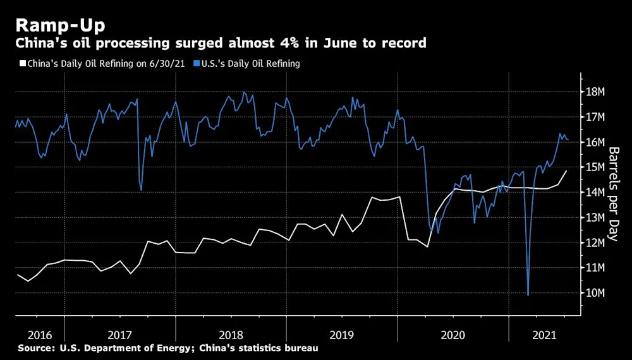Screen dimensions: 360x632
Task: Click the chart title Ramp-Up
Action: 60,25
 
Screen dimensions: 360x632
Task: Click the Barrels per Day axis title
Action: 613,193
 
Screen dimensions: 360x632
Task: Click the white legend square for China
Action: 21,64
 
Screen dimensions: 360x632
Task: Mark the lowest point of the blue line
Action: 528,294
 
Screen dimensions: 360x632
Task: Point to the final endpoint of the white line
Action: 566,171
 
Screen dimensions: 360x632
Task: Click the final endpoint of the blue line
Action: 568,140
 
